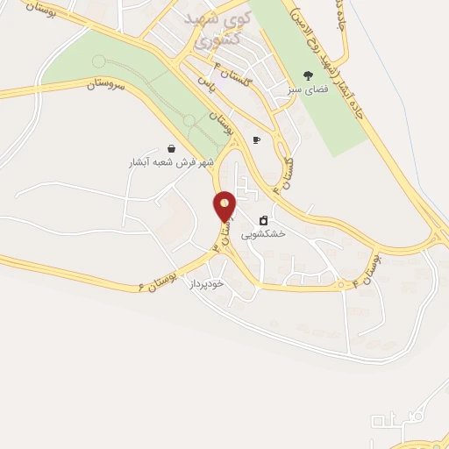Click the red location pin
225,206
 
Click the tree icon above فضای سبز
307,75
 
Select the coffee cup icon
257,139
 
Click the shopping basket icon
170,148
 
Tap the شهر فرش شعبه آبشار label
170,163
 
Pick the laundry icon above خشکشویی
263,220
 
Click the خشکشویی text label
263,235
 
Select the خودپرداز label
207,284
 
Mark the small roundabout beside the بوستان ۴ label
341,284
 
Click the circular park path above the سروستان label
97,61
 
